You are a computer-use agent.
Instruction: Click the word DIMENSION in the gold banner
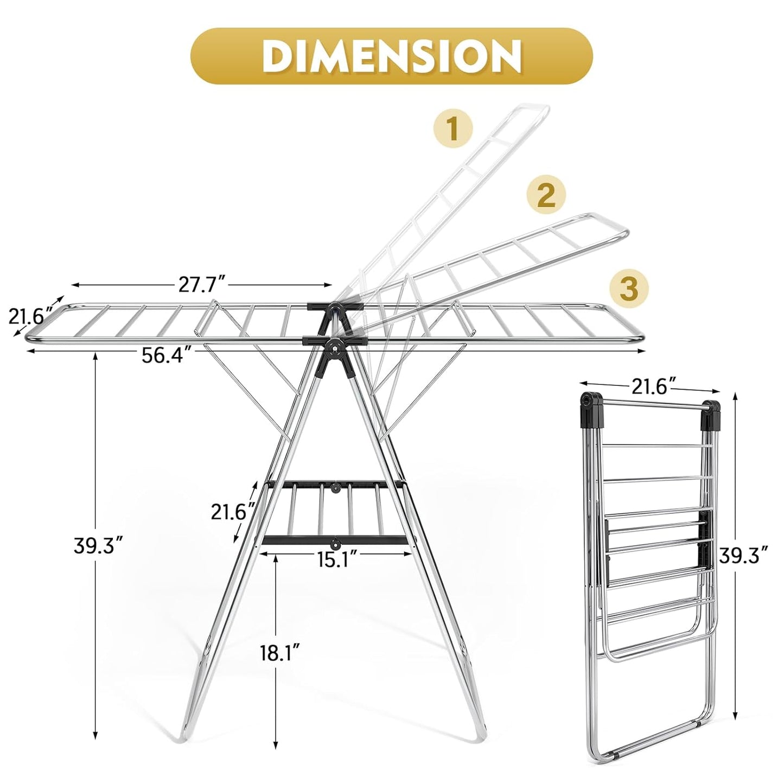[x=391, y=56]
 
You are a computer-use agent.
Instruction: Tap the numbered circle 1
[x=452, y=128]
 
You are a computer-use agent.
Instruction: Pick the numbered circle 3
[x=629, y=288]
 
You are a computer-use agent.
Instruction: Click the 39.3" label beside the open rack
[x=98, y=545]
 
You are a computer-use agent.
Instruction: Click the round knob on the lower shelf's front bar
[x=335, y=542]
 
